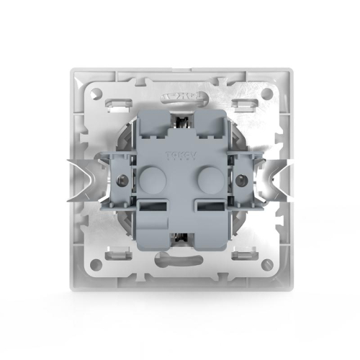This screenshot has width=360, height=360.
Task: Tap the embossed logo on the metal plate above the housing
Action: point(179,94)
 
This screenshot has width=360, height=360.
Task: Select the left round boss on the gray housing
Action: point(150,179)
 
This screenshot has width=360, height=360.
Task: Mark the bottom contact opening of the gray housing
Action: point(179,240)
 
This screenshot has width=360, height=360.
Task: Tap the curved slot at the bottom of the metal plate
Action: point(179,264)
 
